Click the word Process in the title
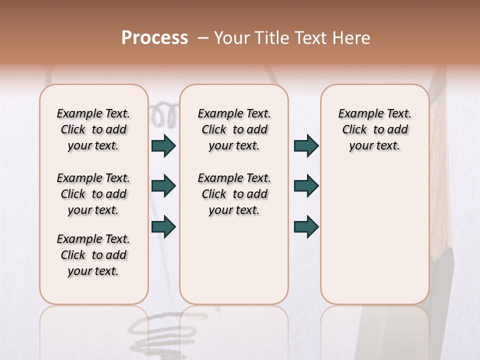(154, 38)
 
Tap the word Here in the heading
(351, 38)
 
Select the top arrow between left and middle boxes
(163, 145)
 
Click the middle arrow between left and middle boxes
(163, 186)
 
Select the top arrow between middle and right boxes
(306, 145)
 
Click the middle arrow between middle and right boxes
(306, 186)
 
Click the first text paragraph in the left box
(93, 129)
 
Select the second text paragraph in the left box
(93, 194)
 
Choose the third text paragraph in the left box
(93, 255)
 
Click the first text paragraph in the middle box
(234, 129)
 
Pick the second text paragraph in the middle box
(234, 194)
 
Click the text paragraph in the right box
(374, 129)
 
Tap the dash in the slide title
(203, 38)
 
